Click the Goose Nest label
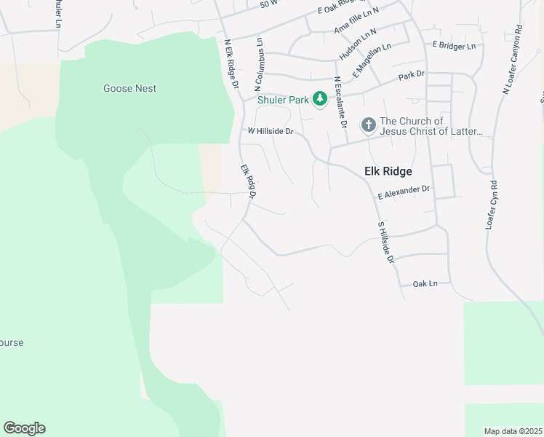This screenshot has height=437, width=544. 130,89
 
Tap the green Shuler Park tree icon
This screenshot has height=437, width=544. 319,98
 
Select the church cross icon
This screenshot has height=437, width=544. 369,125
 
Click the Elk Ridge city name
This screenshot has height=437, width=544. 388,171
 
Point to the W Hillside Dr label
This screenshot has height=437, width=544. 270,132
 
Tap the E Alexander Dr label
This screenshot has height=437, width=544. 404,192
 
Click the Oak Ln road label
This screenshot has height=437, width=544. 425,283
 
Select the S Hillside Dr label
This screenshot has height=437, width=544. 385,243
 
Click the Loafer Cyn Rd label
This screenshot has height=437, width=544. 492,206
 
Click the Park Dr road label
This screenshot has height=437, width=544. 411,75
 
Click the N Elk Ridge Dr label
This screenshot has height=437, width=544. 232,64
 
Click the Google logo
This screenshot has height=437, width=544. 24,428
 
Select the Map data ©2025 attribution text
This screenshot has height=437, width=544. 513,431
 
